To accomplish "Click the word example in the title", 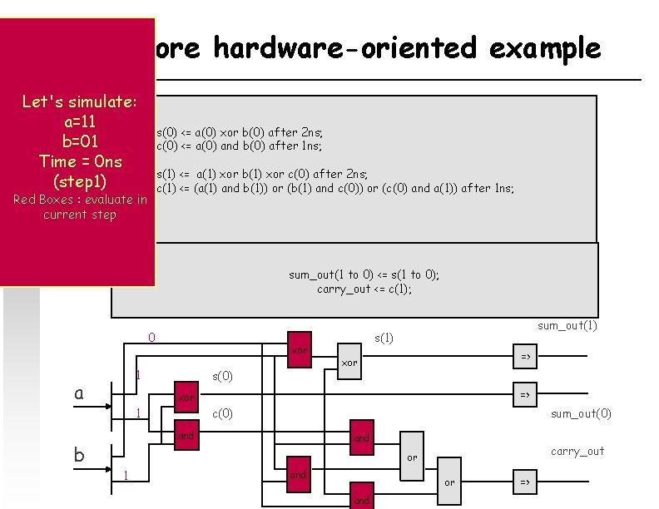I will [545, 48].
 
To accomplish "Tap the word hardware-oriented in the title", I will [345, 48].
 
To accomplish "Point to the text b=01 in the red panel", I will [79, 141].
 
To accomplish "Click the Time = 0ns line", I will [79, 161].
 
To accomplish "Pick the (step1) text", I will [79, 180].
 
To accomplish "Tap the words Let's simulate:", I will [79, 101].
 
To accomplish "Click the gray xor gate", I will [349, 363].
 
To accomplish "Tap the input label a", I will [79, 393].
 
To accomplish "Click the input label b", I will [79, 454].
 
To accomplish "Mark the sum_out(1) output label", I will [567, 325].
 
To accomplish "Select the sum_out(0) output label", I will [581, 413].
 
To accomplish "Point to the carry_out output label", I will [577, 451].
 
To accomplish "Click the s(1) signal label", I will [384, 338].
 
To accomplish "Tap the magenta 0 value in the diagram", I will [151, 338].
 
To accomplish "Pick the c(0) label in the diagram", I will [223, 413].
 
